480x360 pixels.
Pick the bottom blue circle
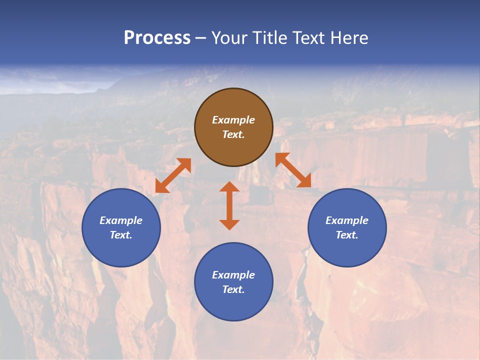[x=233, y=305]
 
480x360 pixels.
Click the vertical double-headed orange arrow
[x=229, y=206]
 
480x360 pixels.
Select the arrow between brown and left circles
[x=173, y=175]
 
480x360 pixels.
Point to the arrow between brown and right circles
[x=293, y=170]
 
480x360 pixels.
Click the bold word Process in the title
[x=157, y=37]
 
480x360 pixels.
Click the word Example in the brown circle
[x=233, y=120]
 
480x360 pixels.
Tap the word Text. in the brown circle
[x=233, y=134]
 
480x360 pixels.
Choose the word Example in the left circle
[x=121, y=220]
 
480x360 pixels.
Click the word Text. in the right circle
[x=347, y=235]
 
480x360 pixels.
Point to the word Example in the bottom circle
[x=233, y=275]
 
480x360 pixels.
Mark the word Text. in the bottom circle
[x=233, y=289]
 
